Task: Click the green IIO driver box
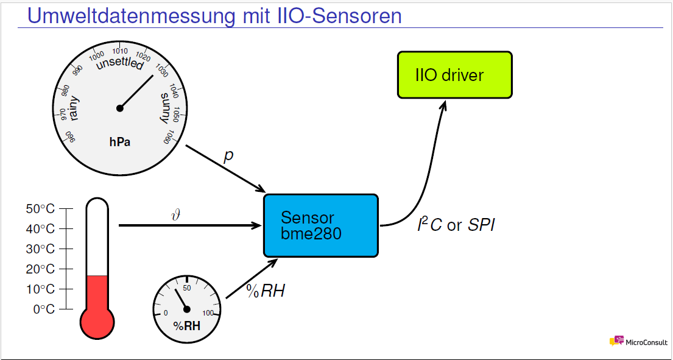click(454, 75)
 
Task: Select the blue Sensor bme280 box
click(320, 225)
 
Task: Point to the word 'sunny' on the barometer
click(166, 108)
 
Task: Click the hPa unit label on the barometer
click(120, 142)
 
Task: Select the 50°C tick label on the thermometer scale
click(40, 209)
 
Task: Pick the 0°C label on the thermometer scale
click(43, 309)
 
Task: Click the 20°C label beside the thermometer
click(40, 269)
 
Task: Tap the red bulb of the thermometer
click(97, 321)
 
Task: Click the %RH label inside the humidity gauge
click(186, 326)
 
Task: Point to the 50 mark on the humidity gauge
click(187, 288)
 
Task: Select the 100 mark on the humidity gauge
click(208, 313)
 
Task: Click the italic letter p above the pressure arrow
click(228, 156)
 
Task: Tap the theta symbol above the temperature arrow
click(177, 214)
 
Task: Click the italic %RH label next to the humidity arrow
click(266, 291)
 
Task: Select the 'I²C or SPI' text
click(456, 225)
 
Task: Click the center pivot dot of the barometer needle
click(120, 108)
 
